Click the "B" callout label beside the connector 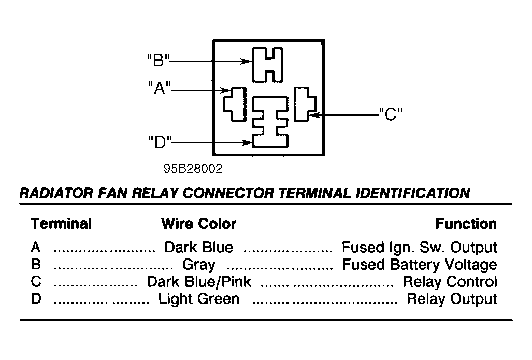(158, 61)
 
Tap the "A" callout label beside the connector (159, 88)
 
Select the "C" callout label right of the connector (391, 114)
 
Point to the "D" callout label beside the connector (160, 142)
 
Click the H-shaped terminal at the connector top (267, 65)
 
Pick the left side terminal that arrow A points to (235, 104)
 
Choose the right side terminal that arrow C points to (305, 104)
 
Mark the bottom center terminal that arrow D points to (270, 122)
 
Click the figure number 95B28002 (193, 169)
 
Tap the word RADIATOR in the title (56, 193)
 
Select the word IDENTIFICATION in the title (412, 193)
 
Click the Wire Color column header (198, 224)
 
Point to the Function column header (466, 224)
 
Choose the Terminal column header (61, 224)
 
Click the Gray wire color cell (198, 265)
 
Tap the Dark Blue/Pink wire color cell (199, 282)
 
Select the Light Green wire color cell (199, 299)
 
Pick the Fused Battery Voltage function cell (420, 265)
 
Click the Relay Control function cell (450, 282)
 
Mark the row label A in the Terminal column (36, 248)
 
